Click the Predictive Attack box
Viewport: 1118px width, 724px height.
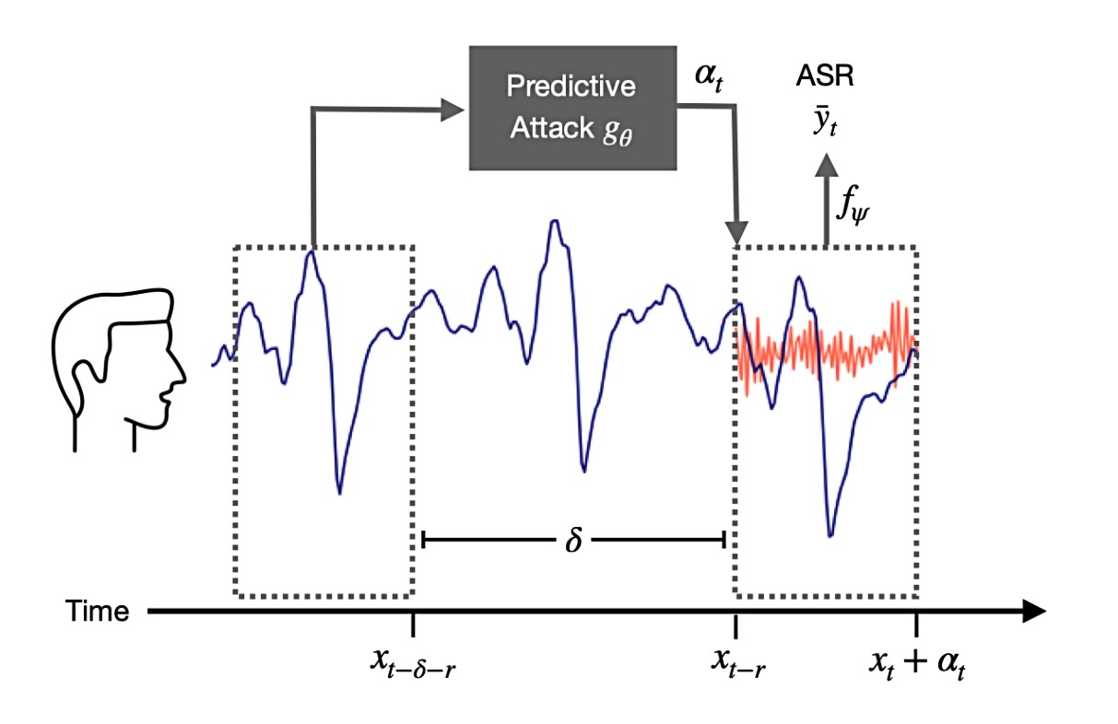[572, 109]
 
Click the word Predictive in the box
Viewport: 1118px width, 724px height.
[571, 86]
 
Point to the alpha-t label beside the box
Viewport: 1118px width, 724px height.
[709, 78]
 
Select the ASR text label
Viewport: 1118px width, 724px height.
[825, 76]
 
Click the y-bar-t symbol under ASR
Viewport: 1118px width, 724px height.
[826, 122]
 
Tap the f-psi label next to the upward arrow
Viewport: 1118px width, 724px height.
[853, 204]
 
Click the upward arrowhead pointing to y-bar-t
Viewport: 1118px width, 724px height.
[826, 165]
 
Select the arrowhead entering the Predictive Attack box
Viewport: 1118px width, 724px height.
[453, 110]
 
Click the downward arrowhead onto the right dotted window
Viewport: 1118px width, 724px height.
[736, 232]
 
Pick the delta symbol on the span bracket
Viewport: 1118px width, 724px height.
[573, 540]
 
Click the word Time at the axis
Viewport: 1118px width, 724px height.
[98, 612]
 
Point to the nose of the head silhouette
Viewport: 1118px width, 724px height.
[182, 378]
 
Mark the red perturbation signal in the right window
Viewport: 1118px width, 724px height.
[827, 349]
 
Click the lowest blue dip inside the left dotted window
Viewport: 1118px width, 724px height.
[339, 493]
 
